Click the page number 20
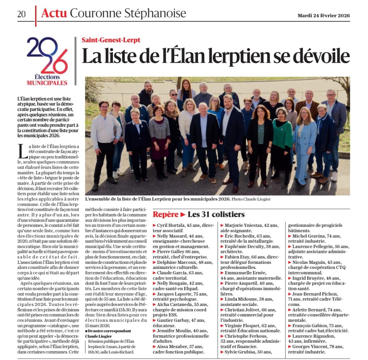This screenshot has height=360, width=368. (21, 14)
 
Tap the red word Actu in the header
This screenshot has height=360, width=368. (54, 13)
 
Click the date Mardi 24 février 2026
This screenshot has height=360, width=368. (323, 15)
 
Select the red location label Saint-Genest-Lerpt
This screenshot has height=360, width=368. (111, 40)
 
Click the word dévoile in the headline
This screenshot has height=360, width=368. (320, 56)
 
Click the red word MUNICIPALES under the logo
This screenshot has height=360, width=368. (47, 83)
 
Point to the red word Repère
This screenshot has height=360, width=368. (165, 215)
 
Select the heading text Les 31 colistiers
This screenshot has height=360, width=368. (216, 215)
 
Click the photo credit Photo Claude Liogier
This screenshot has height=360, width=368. (251, 199)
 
